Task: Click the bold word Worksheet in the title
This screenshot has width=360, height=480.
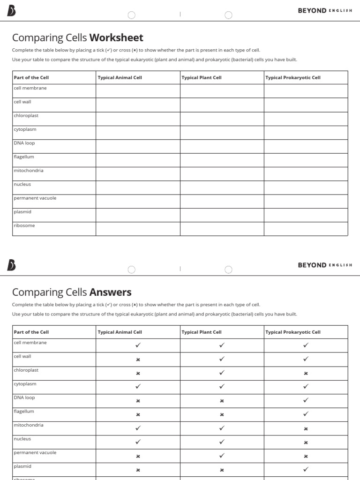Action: (x=116, y=37)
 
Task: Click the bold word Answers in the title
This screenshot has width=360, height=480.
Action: (x=110, y=292)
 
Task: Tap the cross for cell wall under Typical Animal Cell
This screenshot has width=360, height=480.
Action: (x=138, y=360)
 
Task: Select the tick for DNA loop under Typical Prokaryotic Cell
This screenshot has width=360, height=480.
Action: (x=306, y=400)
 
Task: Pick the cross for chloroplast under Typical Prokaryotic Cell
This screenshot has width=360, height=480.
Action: (x=306, y=374)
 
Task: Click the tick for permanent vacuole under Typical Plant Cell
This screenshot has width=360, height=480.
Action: (x=222, y=455)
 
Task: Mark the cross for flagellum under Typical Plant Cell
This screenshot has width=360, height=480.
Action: (x=222, y=415)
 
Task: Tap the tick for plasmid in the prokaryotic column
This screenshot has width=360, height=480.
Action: (x=306, y=469)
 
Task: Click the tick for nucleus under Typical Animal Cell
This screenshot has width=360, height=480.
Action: (x=138, y=442)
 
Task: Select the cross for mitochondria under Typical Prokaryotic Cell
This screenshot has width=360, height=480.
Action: (x=306, y=428)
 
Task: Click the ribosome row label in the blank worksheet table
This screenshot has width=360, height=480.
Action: (x=24, y=225)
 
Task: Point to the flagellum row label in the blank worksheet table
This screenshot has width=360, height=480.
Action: (x=24, y=157)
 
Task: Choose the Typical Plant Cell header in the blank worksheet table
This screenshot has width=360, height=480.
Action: (x=202, y=78)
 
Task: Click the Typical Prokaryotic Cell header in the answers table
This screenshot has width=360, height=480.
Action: (x=293, y=332)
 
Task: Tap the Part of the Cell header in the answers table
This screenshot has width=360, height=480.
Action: (x=31, y=332)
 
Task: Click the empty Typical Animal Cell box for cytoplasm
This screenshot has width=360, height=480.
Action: (x=138, y=133)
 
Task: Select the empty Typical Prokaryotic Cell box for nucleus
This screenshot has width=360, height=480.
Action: (x=306, y=187)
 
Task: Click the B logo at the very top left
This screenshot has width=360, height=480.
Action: (x=11, y=11)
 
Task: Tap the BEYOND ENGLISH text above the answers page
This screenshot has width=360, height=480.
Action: (x=325, y=265)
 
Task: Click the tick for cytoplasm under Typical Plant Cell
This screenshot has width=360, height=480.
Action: (x=222, y=387)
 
